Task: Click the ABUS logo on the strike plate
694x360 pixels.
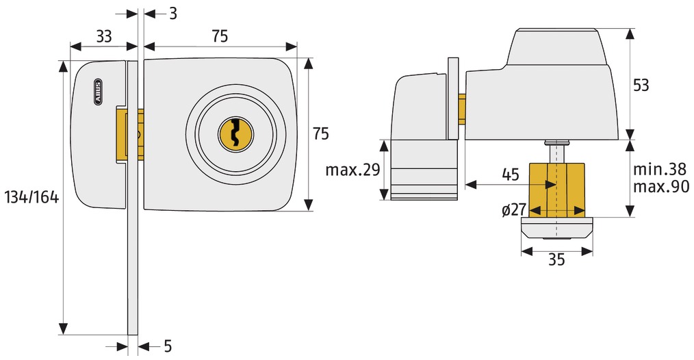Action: click(98, 92)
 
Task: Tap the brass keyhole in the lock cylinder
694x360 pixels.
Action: click(235, 134)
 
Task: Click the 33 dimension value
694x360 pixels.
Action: click(104, 36)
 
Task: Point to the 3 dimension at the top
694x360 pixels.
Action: click(173, 14)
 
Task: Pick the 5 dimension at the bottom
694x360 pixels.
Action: click(168, 346)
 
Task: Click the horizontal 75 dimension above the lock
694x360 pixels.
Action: click(219, 36)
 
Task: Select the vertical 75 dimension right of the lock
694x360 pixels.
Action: click(321, 133)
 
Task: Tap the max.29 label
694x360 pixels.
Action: click(352, 170)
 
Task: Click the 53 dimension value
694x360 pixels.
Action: click(641, 85)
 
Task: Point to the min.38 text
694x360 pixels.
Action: click(660, 169)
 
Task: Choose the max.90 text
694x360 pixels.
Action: click(661, 186)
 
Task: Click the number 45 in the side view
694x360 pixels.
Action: click(511, 175)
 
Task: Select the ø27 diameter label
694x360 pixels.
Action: click(513, 209)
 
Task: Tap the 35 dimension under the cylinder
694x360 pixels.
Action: click(556, 259)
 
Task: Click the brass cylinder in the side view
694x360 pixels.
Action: click(557, 190)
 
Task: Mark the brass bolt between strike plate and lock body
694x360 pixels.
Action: click(129, 133)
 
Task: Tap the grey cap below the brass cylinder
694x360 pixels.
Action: click(557, 229)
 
